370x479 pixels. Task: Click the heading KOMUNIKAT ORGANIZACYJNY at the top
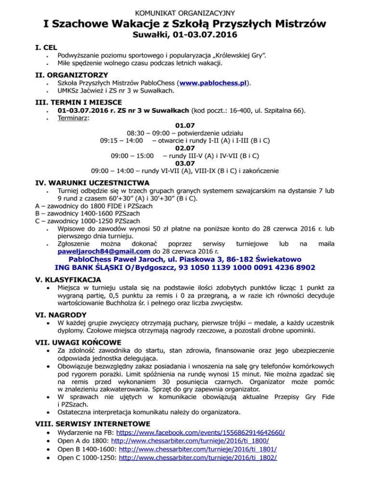185,8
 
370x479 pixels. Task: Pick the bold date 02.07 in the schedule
185,148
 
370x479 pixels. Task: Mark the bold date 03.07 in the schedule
185,163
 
